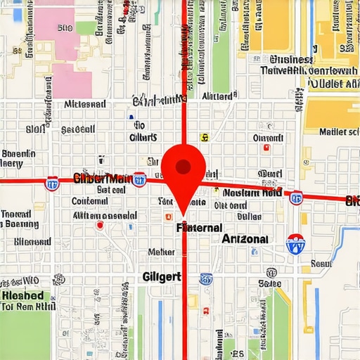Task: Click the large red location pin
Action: tap(183, 169)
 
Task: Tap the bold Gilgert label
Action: tap(162, 276)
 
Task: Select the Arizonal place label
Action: tap(245, 239)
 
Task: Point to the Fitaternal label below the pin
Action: tap(199, 228)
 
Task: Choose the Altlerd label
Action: tap(217, 96)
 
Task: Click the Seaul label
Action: tap(320, 264)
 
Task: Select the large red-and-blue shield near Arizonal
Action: tap(295, 243)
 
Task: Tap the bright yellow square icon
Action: tap(204, 138)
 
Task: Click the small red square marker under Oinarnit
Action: tap(265, 148)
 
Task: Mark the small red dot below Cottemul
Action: tap(100, 225)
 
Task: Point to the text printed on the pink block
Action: tap(64, 28)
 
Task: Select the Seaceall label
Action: tap(78, 129)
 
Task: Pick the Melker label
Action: tap(161, 252)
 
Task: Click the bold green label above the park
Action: tap(22, 296)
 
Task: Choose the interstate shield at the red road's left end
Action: tap(51, 184)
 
